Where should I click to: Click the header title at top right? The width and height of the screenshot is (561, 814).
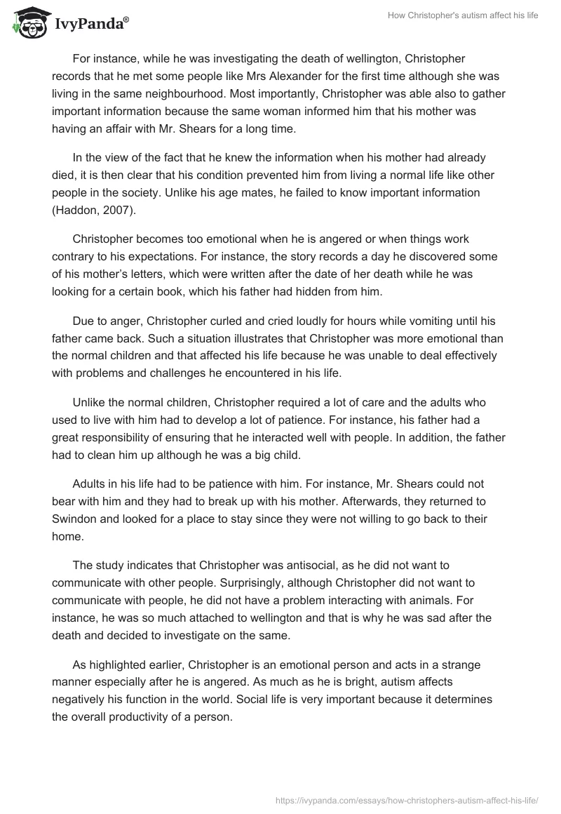[x=462, y=16]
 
